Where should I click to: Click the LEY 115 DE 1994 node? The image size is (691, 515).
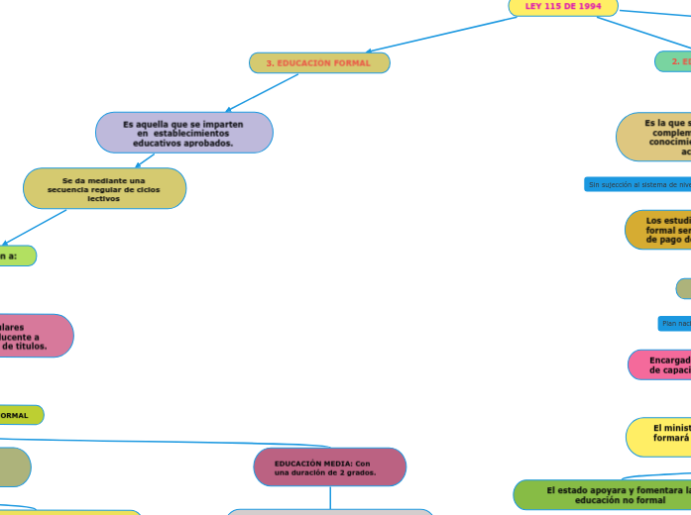pyautogui.click(x=563, y=7)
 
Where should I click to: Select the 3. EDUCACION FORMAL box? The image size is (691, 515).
pyautogui.click(x=319, y=63)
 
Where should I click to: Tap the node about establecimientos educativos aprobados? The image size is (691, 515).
pyautogui.click(x=184, y=133)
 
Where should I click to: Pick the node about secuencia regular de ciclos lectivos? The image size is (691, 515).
pyautogui.click(x=104, y=188)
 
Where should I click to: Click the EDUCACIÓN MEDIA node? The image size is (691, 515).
pyautogui.click(x=330, y=467)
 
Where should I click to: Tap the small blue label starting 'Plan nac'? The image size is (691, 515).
pyautogui.click(x=674, y=323)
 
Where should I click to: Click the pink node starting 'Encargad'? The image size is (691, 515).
pyautogui.click(x=660, y=364)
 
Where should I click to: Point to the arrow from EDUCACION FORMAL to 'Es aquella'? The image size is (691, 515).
pyautogui.click(x=264, y=92)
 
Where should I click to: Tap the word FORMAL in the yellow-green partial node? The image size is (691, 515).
pyautogui.click(x=15, y=415)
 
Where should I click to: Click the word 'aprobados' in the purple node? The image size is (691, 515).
pyautogui.click(x=211, y=143)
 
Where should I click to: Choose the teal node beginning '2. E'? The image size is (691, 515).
pyautogui.click(x=674, y=61)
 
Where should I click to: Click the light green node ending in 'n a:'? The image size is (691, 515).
pyautogui.click(x=14, y=256)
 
